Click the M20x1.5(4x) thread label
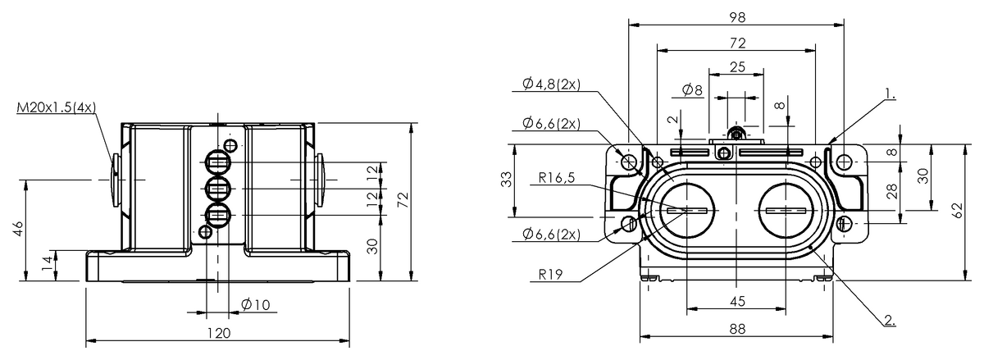(x=55, y=107)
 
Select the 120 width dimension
(x=217, y=333)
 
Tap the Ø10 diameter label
(x=256, y=305)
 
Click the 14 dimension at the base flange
(x=47, y=264)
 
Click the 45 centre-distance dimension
(x=736, y=301)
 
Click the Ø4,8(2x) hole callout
(x=551, y=84)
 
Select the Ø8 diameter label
(x=692, y=89)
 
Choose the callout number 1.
(x=890, y=94)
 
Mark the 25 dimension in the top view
(x=736, y=66)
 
